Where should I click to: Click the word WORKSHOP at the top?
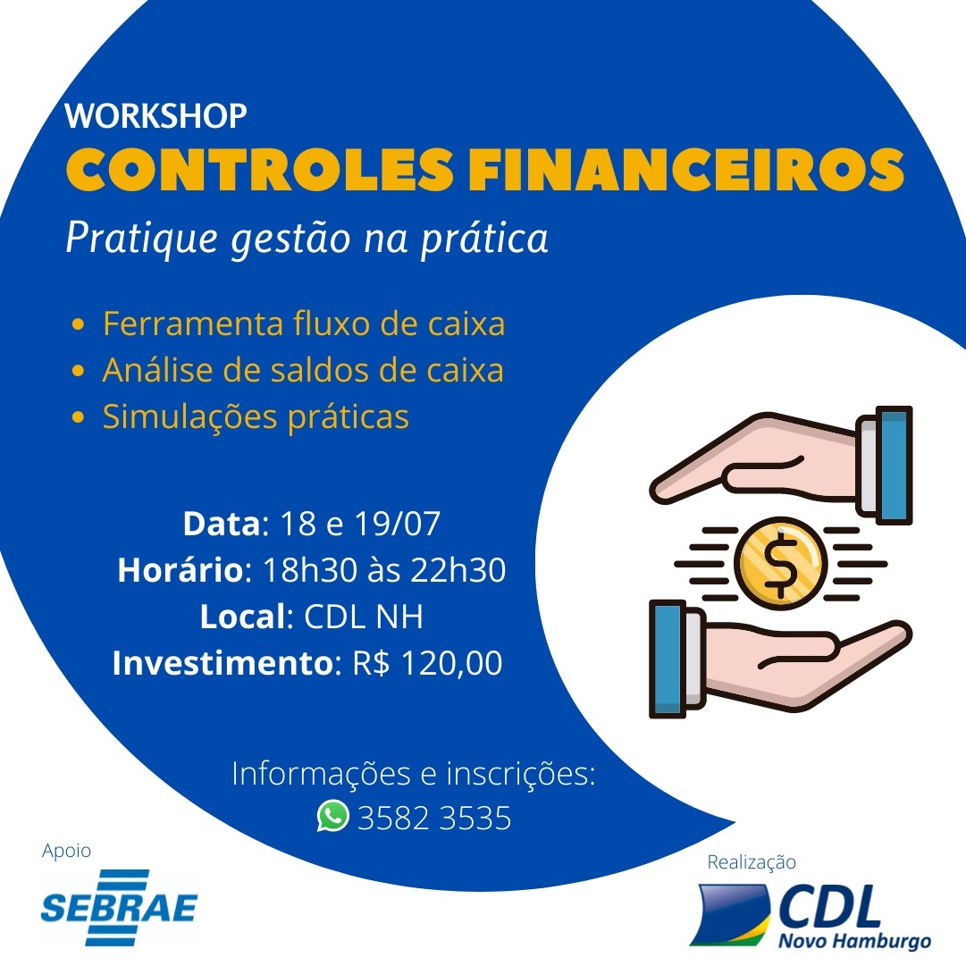click(x=155, y=116)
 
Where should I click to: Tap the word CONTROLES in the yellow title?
click(x=260, y=170)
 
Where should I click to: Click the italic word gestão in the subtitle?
click(x=290, y=239)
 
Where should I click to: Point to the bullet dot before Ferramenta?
click(x=78, y=324)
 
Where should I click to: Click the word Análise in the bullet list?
click(x=157, y=370)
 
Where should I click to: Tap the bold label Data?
click(x=222, y=524)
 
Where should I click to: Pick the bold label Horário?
click(x=181, y=569)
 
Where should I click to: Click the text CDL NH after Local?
click(x=364, y=617)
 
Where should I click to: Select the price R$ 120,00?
click(x=427, y=663)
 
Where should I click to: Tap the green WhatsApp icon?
click(x=332, y=816)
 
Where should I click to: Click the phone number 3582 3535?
click(x=434, y=819)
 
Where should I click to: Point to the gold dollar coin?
click(x=780, y=563)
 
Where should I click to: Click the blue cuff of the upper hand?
click(x=894, y=466)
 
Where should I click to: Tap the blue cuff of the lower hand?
click(x=668, y=659)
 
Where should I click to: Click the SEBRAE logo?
click(x=119, y=908)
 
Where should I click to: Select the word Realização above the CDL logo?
click(x=752, y=861)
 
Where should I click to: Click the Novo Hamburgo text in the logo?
click(x=854, y=941)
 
